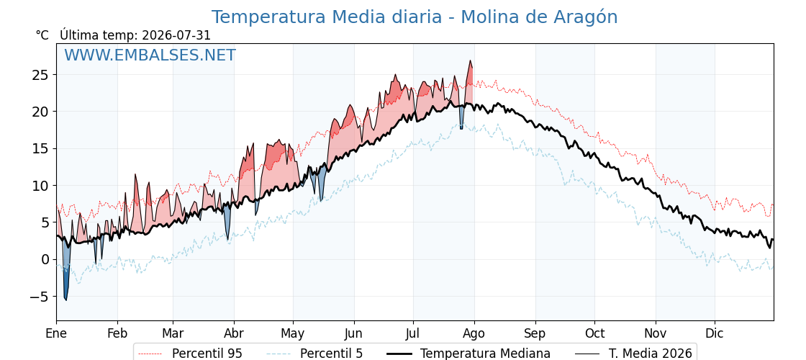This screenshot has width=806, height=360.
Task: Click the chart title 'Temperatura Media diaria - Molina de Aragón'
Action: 415,17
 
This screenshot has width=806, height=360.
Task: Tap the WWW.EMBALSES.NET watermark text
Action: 150,55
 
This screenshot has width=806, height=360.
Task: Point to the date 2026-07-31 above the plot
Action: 176,35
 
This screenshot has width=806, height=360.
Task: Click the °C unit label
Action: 42,35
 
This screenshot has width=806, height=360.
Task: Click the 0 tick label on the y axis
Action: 45,260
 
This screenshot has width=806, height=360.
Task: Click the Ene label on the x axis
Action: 57,333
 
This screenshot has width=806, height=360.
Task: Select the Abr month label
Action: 235,333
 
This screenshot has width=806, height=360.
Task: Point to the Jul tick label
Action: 413,333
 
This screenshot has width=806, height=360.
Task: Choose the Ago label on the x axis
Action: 474,334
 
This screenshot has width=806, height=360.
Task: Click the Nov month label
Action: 656,333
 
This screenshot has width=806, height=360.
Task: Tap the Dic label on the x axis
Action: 715,333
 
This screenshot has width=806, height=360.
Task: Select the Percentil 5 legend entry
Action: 314,354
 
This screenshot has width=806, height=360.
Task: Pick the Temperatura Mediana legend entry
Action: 468,354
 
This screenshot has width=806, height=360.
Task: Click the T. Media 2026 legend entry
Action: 633,354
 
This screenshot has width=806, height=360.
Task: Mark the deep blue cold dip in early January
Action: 65,278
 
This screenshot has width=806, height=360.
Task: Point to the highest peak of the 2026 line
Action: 470,60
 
